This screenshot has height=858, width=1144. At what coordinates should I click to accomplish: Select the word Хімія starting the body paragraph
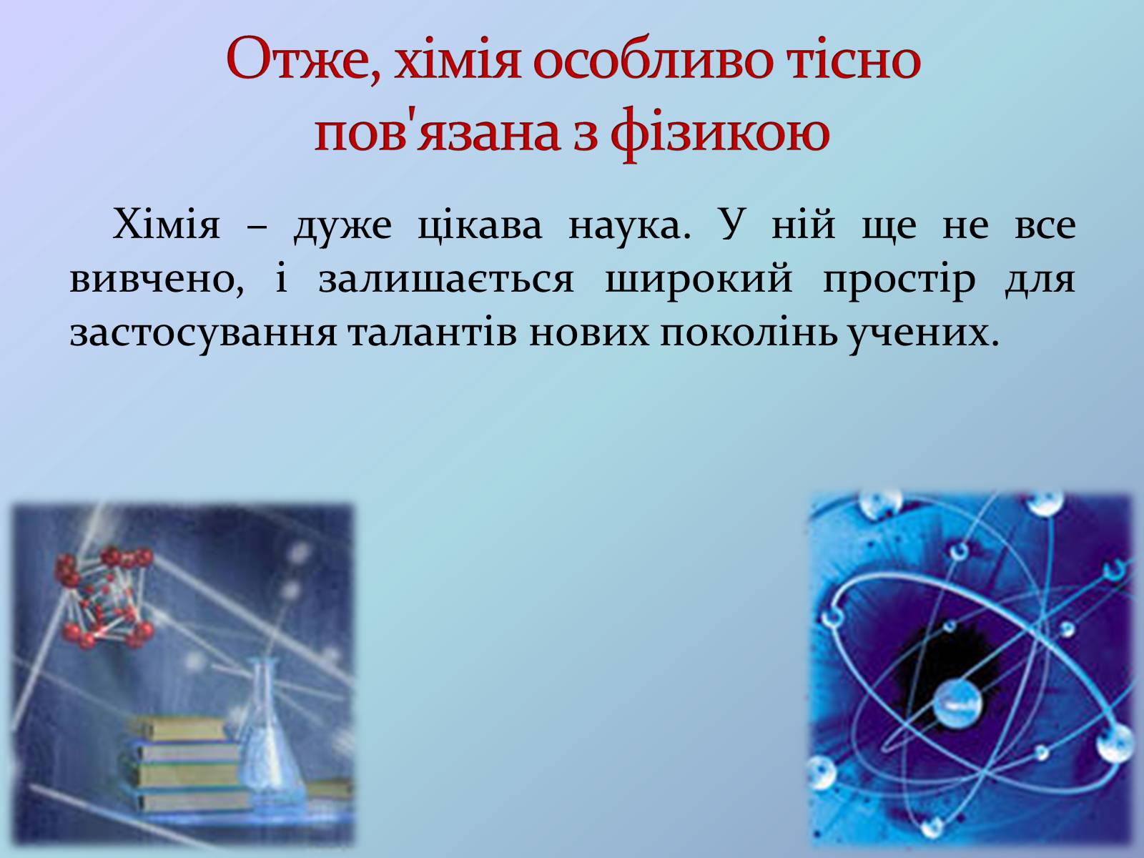click(x=167, y=224)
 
